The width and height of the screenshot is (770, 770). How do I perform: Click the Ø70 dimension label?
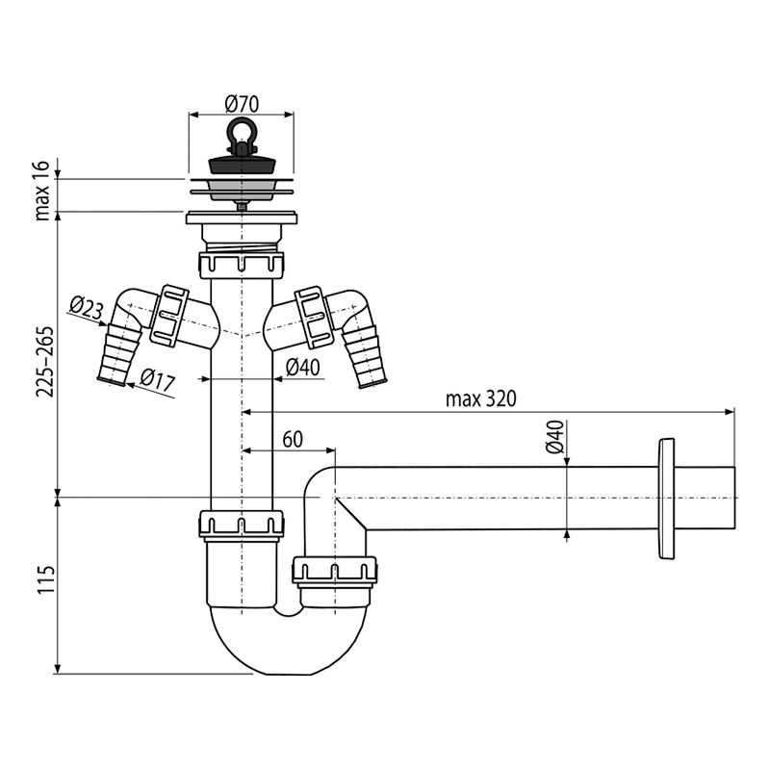click(x=242, y=104)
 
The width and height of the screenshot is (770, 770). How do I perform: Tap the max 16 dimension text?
click(x=42, y=191)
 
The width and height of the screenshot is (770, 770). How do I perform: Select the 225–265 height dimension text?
click(x=44, y=362)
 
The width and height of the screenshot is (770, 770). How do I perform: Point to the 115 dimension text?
click(x=45, y=580)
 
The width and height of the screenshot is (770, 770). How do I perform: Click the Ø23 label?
click(x=87, y=308)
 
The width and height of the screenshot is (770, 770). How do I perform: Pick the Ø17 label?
click(x=157, y=379)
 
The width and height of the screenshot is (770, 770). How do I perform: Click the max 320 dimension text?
click(x=480, y=398)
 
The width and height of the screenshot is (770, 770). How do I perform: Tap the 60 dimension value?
click(x=293, y=440)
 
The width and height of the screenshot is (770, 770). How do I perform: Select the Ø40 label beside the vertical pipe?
click(x=302, y=367)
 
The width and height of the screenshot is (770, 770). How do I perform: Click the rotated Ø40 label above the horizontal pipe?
click(x=554, y=437)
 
